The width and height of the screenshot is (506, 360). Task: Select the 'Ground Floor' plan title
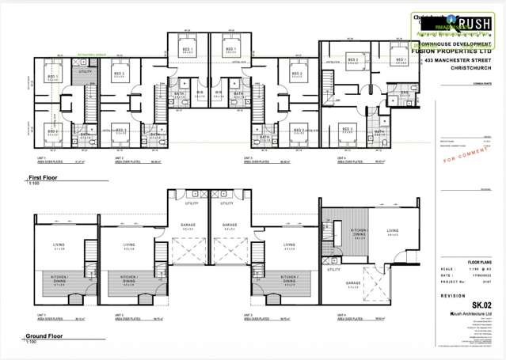pyautogui.click(x=47, y=336)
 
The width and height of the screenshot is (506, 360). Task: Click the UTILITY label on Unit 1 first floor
pyautogui.click(x=85, y=71)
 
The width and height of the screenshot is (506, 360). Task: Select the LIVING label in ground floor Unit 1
pyautogui.click(x=58, y=245)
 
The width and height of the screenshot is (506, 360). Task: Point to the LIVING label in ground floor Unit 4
pyautogui.click(x=393, y=231)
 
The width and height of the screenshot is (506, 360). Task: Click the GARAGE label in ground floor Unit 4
pyautogui.click(x=353, y=282)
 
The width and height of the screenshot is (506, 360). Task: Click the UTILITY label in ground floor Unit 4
pyautogui.click(x=333, y=270)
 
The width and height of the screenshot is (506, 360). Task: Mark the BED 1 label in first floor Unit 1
pyautogui.click(x=53, y=77)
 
